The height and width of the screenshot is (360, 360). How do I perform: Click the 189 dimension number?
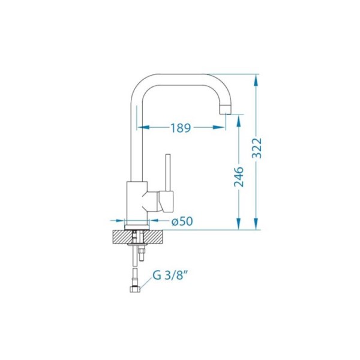pos(181,128)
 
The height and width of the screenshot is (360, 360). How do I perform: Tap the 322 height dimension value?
pos(256,148)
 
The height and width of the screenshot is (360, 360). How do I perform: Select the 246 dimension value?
pos(239,177)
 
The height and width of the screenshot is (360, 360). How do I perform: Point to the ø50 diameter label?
pos(182,221)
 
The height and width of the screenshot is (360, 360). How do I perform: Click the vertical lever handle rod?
pos(168,172)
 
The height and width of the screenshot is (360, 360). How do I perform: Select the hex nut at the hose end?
pos(135,290)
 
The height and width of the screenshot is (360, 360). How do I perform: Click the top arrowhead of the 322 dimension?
pos(256,80)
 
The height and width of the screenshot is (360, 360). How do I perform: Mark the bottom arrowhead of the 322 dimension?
pos(256,223)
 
